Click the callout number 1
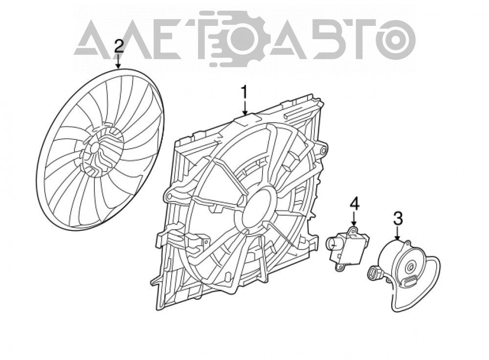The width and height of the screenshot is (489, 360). [245, 93]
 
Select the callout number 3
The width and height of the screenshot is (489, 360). [398, 218]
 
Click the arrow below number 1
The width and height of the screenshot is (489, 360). [245, 109]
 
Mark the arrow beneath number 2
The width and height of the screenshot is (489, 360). [118, 61]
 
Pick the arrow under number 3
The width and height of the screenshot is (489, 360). [398, 234]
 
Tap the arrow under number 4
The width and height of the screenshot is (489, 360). [354, 219]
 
